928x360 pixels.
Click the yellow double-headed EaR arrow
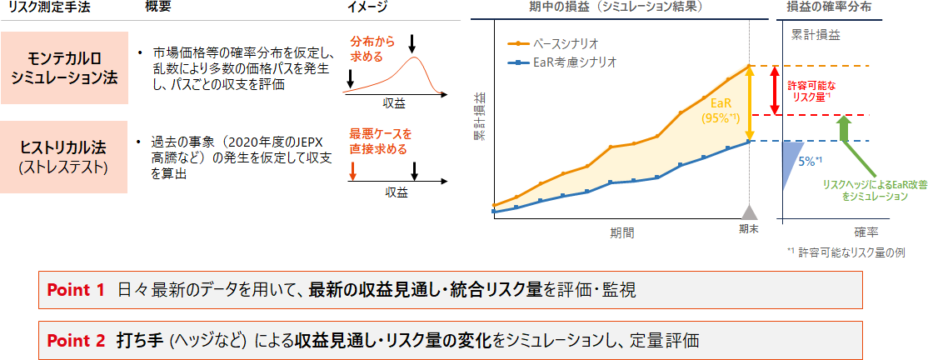coord(751,103)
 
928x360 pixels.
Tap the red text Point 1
coord(76,290)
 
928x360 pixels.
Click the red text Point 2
coord(76,340)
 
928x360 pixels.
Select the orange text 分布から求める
coord(367,49)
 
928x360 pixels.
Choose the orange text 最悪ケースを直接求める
coord(380,142)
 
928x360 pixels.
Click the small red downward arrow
coord(353,170)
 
